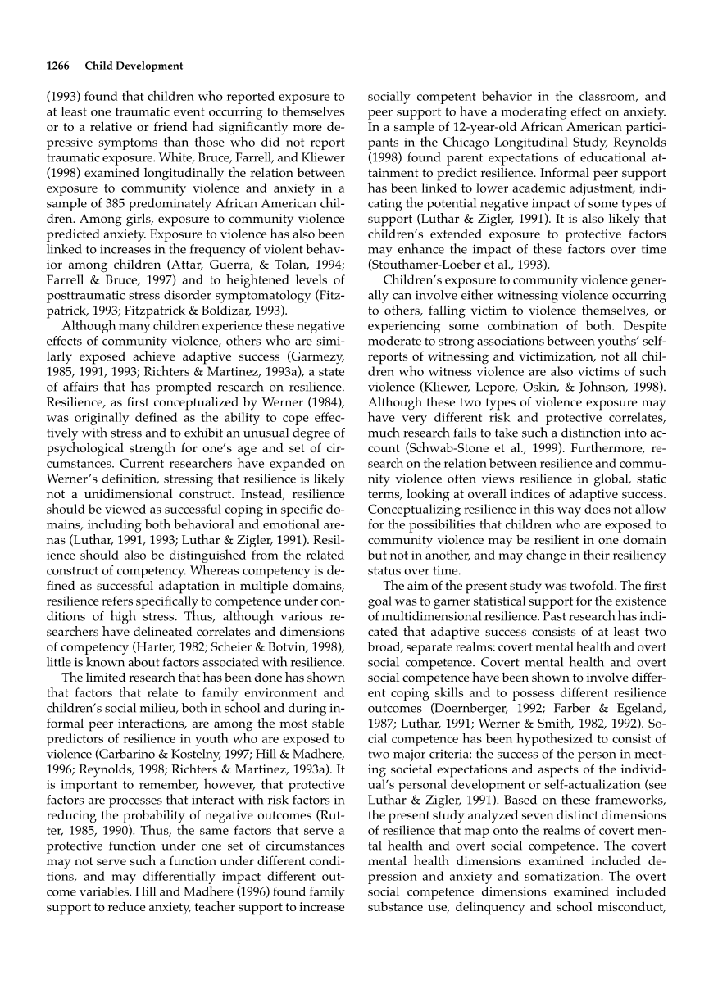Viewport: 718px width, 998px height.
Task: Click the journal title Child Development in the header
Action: click(134, 66)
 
